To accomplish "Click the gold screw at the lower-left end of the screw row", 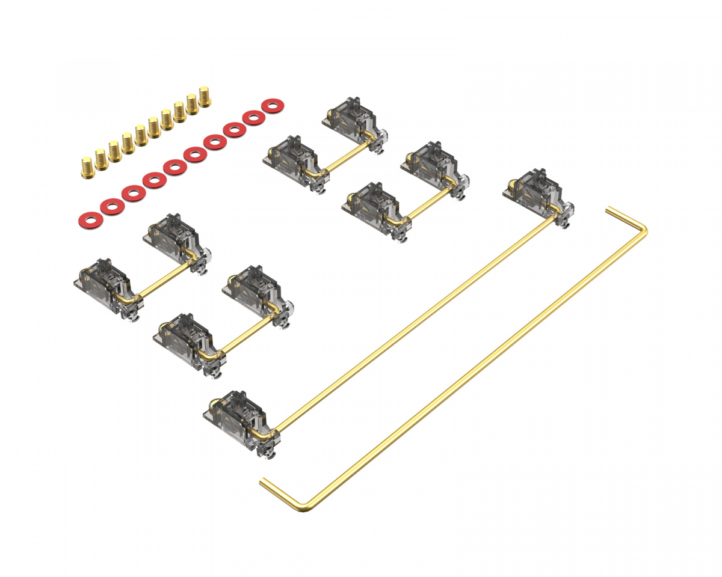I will point(87,163).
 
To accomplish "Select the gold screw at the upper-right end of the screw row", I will point(205,97).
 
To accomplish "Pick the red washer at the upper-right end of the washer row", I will point(273,106).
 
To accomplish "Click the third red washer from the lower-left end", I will point(133,194).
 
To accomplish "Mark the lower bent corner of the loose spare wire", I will point(304,508).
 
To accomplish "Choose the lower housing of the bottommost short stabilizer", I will point(184,340).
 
